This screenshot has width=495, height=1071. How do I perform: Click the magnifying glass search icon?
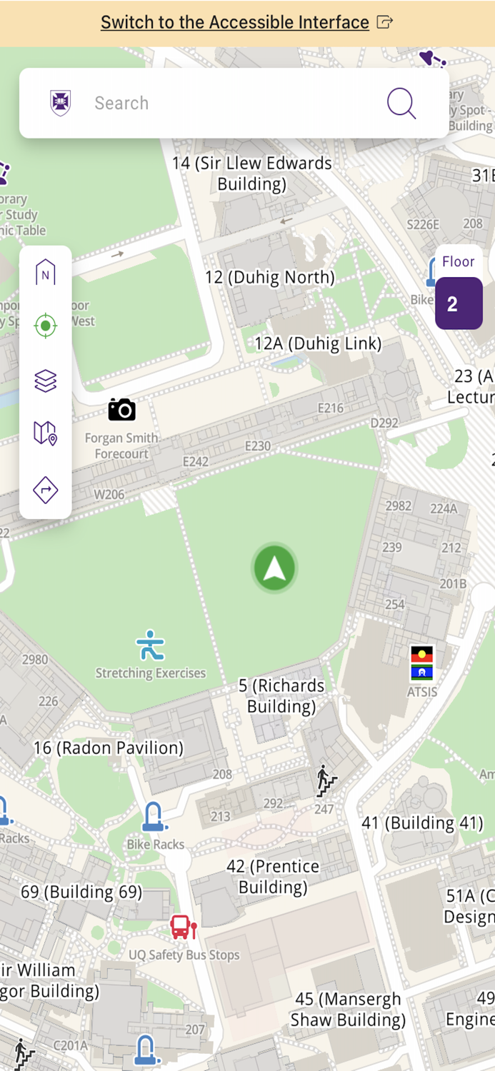pos(401,104)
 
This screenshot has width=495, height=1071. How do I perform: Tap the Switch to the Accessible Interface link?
pos(235,22)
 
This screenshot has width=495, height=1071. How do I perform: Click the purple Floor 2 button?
pos(459,303)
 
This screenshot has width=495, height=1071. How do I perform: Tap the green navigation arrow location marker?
pos(274,568)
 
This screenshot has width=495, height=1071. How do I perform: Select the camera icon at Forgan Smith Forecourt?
pos(122,409)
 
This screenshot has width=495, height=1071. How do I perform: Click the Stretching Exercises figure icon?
pos(150,645)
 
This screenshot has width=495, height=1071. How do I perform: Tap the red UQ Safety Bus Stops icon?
pos(183,927)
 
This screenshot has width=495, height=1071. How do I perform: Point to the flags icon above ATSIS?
pos(422,663)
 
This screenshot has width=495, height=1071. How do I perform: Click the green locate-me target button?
pos(45,326)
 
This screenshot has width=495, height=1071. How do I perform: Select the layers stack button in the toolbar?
pos(45,381)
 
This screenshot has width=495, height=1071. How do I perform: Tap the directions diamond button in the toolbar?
pos(45,490)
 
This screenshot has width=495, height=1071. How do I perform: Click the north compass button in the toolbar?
pos(45,273)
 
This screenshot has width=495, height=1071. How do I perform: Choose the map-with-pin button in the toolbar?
pos(45,433)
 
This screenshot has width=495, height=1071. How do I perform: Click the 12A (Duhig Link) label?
pos(318,343)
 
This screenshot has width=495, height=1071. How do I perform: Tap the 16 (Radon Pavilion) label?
pos(109,748)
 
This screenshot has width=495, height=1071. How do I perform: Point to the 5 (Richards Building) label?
pos(281,696)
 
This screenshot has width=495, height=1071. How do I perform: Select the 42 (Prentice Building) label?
pos(273,877)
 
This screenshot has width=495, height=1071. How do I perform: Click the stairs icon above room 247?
pos(326,781)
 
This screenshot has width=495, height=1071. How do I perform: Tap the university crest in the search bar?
pos(61,104)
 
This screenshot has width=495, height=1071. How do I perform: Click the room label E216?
pos(330,408)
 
